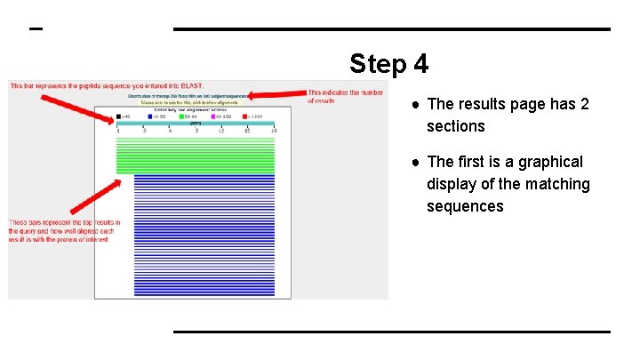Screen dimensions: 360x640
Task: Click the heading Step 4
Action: click(x=388, y=64)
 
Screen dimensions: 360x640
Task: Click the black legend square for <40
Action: click(x=117, y=116)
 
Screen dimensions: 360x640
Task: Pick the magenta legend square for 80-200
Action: click(x=213, y=116)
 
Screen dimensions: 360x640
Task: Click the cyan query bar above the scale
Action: click(x=196, y=124)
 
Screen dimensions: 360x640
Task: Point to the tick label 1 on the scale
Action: click(x=117, y=131)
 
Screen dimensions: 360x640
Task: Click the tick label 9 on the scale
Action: click(x=196, y=131)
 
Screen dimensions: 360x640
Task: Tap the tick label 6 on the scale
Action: click(x=170, y=131)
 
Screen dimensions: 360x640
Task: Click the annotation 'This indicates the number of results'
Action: click(x=345, y=96)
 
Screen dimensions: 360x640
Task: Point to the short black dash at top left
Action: click(x=36, y=29)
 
